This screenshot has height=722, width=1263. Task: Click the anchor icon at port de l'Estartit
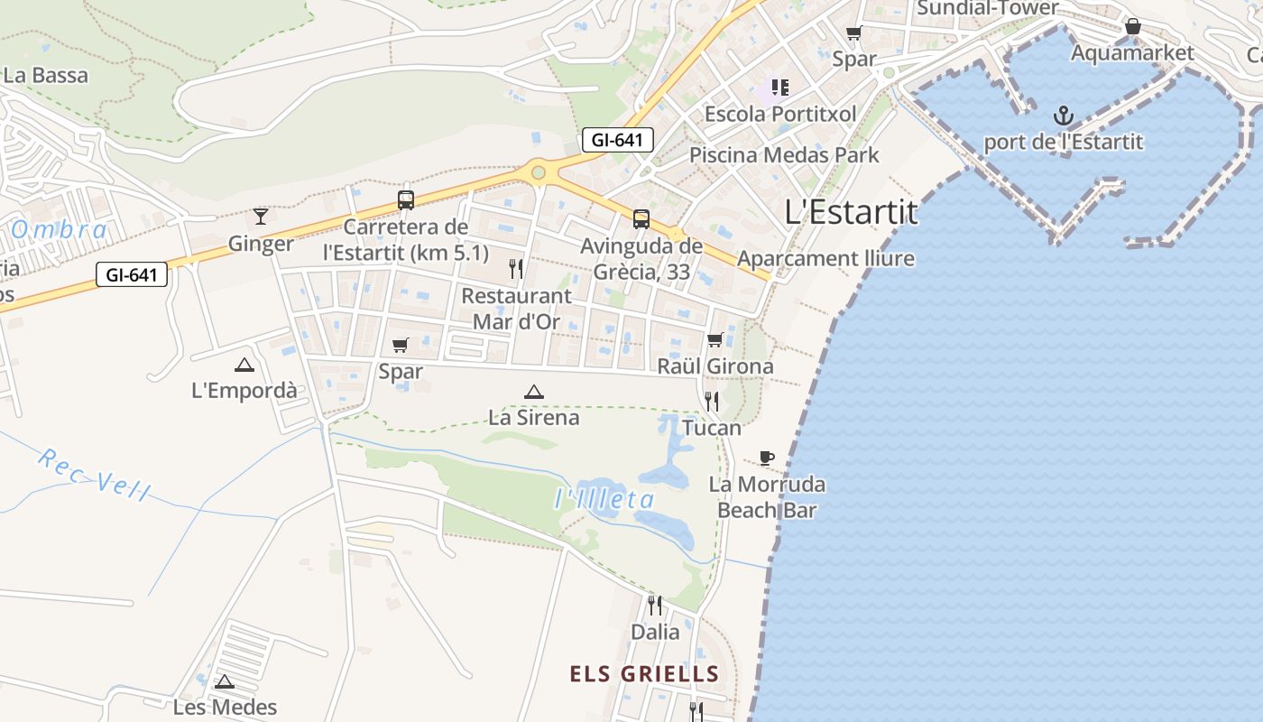click(x=1064, y=116)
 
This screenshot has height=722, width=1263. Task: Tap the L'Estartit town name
click(x=851, y=212)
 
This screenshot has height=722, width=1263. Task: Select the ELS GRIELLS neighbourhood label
click(x=644, y=673)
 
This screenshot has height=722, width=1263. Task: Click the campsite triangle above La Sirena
click(x=534, y=392)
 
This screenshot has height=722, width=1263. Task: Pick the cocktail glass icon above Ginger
click(x=261, y=216)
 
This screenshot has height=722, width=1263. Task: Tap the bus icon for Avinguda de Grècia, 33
click(x=641, y=218)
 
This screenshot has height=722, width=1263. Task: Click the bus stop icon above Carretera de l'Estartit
click(x=406, y=200)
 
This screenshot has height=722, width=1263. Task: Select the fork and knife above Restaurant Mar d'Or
click(x=516, y=268)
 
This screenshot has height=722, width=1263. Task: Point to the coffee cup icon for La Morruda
click(x=767, y=458)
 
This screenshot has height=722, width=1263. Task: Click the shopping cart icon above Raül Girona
click(x=715, y=339)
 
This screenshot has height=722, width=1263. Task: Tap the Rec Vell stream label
click(x=94, y=474)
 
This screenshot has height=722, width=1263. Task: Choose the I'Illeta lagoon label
click(x=604, y=498)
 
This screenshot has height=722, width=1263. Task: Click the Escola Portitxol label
click(x=780, y=115)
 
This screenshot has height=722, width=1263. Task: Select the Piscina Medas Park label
click(x=784, y=154)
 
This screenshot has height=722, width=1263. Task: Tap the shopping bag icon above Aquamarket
click(x=1133, y=27)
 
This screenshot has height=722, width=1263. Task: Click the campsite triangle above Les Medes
click(x=225, y=681)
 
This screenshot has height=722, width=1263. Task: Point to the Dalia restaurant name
click(x=655, y=632)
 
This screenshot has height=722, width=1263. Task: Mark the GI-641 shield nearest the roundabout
click(x=617, y=140)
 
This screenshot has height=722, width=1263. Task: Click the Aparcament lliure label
click(x=825, y=259)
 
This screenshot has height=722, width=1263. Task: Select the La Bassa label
click(x=46, y=75)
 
